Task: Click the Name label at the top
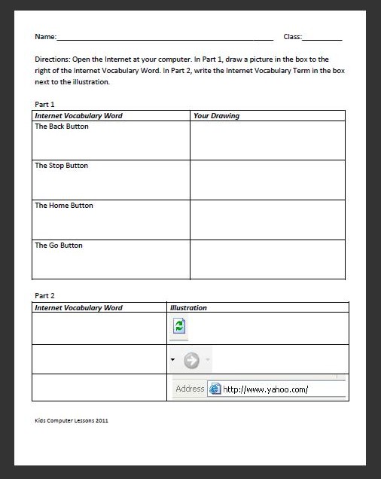(45, 37)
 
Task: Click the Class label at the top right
(293, 37)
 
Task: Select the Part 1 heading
(44, 104)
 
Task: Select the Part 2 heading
(44, 296)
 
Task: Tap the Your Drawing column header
(216, 116)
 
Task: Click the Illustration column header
(188, 307)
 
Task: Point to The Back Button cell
(62, 127)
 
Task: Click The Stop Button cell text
(61, 166)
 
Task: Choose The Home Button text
(64, 206)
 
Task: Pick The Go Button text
(59, 246)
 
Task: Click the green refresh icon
(179, 326)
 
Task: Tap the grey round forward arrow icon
(191, 361)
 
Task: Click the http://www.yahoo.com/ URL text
(265, 389)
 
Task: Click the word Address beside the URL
(190, 389)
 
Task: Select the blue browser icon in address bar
(215, 389)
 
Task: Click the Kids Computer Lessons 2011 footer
(72, 420)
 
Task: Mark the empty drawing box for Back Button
(267, 141)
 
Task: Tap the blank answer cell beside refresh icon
(99, 328)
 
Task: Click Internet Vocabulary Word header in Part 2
(78, 307)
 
